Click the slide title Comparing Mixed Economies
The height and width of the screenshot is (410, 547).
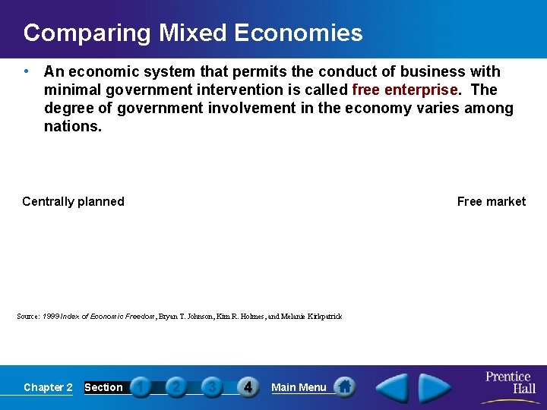click(193, 33)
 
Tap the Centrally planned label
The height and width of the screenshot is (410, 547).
click(73, 201)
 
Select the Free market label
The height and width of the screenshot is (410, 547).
click(491, 201)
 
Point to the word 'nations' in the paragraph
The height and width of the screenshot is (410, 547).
click(71, 126)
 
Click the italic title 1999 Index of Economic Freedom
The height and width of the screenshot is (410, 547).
click(99, 316)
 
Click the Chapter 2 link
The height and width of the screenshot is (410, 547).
click(48, 387)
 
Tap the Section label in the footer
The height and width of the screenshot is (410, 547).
click(103, 387)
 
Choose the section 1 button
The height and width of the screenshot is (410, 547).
click(141, 387)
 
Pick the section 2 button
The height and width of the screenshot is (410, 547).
click(176, 387)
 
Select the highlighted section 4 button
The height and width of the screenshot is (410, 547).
click(248, 387)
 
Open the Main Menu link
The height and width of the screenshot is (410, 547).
click(299, 387)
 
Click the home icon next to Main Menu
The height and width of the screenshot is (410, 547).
click(345, 386)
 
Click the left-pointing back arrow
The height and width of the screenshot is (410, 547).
click(394, 387)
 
